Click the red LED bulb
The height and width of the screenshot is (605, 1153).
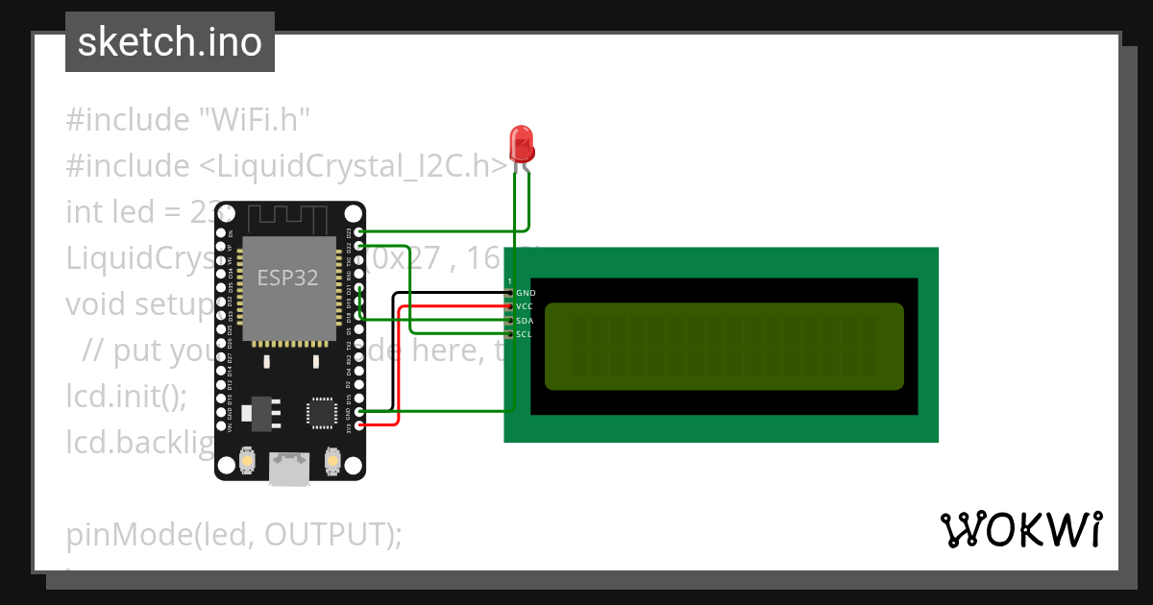click(522, 144)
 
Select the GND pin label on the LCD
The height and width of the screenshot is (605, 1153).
click(526, 293)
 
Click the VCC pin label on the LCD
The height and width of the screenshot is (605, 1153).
click(525, 306)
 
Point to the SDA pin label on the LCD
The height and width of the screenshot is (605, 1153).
click(525, 321)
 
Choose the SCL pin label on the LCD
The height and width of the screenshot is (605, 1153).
click(524, 334)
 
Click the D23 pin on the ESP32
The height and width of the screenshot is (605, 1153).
click(359, 232)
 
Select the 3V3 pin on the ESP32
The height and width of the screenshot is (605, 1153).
click(359, 424)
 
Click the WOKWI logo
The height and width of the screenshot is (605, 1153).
click(1020, 530)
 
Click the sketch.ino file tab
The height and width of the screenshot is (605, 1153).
click(170, 42)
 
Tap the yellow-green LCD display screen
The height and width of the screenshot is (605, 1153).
click(724, 347)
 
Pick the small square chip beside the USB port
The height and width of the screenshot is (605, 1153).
click(321, 412)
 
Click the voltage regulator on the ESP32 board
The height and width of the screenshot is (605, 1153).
click(260, 411)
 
